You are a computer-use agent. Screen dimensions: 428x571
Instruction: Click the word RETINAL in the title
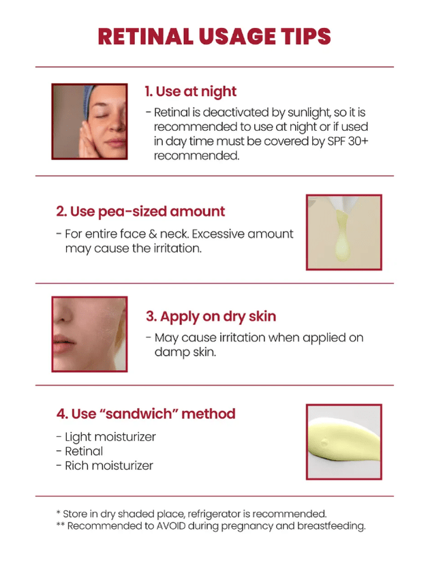coord(146,36)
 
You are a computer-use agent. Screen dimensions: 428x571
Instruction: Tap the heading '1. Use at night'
coord(191,91)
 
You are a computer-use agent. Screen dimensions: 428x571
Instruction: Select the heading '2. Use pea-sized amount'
coord(140,212)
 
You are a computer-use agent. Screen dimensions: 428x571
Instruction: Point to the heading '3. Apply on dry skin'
coord(211,316)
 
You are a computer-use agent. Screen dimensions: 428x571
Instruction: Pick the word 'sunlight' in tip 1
coord(309,112)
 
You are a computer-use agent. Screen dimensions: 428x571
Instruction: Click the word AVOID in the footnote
coord(171,526)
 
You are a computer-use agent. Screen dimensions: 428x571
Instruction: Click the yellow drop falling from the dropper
coord(342,236)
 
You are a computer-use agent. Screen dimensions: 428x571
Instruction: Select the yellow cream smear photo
coord(344,442)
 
